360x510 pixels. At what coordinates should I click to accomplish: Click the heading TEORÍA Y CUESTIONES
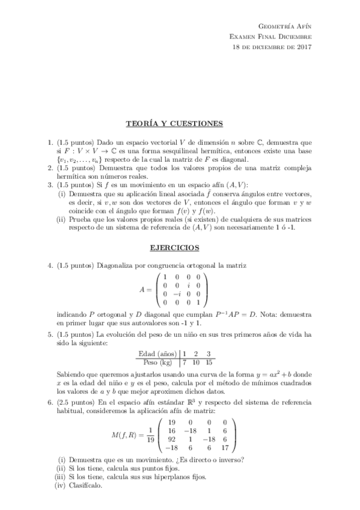[174, 124]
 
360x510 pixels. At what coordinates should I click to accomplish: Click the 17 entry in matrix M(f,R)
[225, 447]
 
